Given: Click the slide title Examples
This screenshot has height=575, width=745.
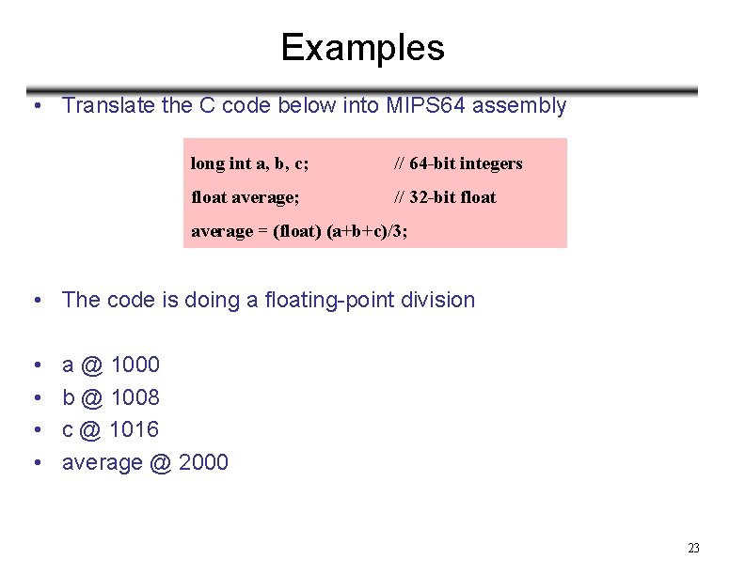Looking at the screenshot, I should pos(362,47).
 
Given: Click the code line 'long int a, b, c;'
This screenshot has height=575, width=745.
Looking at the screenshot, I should pos(250,163).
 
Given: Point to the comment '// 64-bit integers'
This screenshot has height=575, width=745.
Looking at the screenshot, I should pos(457,163).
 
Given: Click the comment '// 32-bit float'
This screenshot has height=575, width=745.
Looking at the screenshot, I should pos(444,197).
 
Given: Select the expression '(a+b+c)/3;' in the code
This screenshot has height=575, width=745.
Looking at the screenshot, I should pos(367,231).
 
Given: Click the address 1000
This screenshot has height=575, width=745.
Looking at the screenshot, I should pos(135,365).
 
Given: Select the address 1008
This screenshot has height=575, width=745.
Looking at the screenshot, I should pos(135,397).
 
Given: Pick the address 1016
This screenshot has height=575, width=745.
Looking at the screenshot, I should pos(135,429).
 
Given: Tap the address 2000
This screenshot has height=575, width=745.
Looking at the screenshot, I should pos(202,462).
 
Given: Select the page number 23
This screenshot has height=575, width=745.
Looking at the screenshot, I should pos(694,549).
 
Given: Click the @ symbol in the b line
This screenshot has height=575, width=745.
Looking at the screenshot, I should pos(92,397).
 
